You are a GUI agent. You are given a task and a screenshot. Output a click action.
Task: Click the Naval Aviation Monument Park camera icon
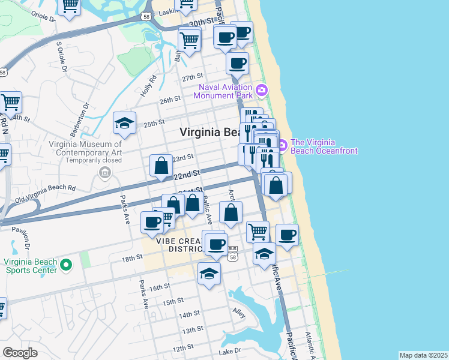click(261, 91)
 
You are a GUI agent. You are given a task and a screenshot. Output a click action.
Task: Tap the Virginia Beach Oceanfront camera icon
click(283, 143)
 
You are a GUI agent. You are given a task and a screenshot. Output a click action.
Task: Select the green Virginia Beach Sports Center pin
click(67, 265)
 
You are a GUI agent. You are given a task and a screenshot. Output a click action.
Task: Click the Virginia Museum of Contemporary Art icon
click(105, 173)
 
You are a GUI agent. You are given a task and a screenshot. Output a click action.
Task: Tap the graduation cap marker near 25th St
click(125, 123)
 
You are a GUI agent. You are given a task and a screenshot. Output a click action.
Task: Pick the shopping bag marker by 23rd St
click(161, 165)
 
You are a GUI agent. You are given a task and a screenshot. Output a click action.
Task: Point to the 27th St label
click(193, 78)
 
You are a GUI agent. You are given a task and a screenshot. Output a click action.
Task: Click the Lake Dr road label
click(229, 350)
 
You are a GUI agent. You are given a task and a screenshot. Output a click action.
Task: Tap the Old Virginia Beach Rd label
click(46, 192)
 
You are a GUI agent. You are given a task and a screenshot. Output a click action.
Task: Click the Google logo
click(20, 352)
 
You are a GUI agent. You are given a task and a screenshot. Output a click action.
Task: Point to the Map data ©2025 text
click(423, 355)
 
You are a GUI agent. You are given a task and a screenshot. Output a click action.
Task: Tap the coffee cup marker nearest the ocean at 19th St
click(287, 234)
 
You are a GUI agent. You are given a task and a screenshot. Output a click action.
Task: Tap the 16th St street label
click(160, 287)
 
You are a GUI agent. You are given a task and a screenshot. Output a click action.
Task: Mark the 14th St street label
click(189, 314)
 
